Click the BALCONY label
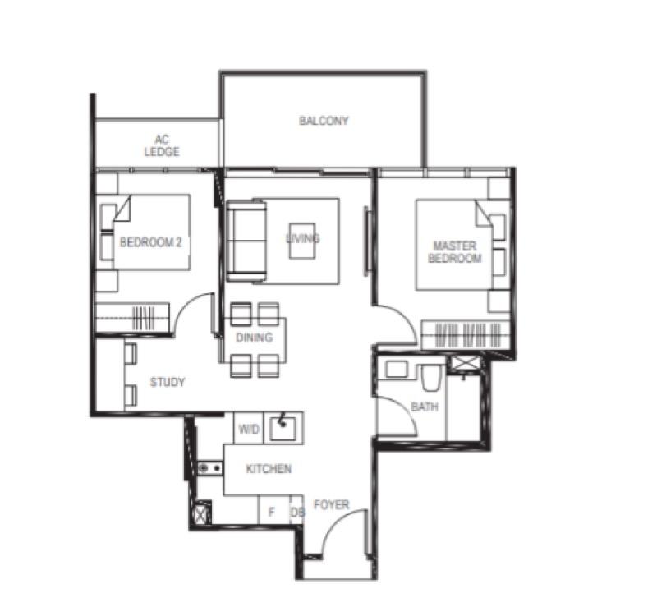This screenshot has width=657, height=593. coord(324,121)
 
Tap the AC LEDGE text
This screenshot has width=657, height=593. coord(162,146)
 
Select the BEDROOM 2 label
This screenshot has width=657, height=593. coord(150,242)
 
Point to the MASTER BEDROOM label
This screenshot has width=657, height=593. coord(455,252)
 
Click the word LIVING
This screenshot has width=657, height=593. coord(302,238)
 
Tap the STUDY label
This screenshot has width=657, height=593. coord(168,382)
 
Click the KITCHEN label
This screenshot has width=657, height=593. coord(269,469)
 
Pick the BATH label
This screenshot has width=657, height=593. coord(425,407)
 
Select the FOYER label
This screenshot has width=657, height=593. coord(331,504)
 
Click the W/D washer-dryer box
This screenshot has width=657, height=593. coord(248,429)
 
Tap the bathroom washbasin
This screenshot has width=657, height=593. coord(397,370)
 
